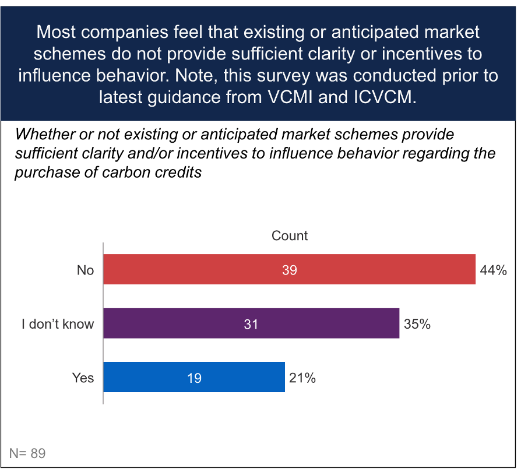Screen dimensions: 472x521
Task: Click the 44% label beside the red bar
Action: tap(493, 270)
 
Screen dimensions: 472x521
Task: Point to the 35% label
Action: tap(417, 324)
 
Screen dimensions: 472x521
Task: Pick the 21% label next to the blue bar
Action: tap(302, 378)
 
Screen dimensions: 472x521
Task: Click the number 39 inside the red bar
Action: tap(289, 270)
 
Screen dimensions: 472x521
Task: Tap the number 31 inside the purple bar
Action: tap(251, 324)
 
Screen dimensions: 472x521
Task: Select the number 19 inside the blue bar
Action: tap(194, 378)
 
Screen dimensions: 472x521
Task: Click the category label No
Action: tap(85, 270)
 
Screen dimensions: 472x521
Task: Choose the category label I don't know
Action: tap(58, 324)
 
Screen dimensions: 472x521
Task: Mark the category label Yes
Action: tap(83, 378)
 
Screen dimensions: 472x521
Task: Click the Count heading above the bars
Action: tap(290, 236)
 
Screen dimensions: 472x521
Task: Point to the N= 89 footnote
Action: tap(27, 453)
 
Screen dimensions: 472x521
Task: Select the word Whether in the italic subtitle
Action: tap(41, 134)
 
